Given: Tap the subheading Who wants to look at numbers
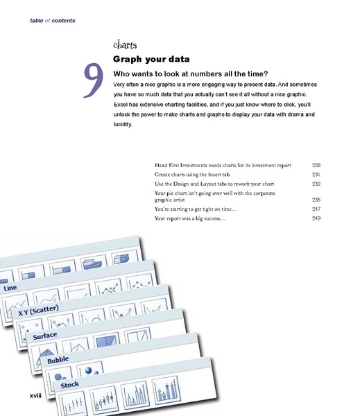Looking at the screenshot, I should [x=190, y=73].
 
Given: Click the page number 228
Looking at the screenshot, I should [x=317, y=166].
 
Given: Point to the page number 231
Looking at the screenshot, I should [x=317, y=175].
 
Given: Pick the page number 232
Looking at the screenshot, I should [x=317, y=184].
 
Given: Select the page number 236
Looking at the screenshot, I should [x=317, y=199].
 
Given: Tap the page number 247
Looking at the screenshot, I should [x=317, y=209].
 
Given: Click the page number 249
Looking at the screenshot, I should [x=317, y=218].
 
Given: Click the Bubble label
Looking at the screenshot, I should [x=58, y=361].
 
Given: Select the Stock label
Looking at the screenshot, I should [x=69, y=384].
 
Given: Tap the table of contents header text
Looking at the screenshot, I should [x=52, y=20].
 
